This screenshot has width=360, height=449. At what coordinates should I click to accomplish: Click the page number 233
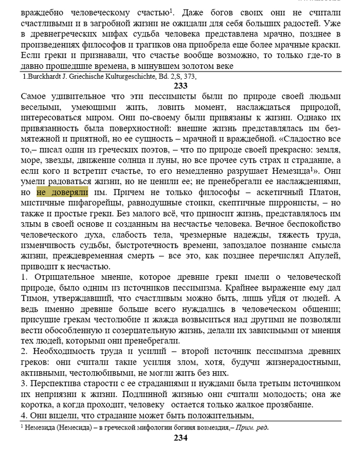point(181,86)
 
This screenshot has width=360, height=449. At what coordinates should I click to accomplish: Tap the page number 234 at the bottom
point(181,438)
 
